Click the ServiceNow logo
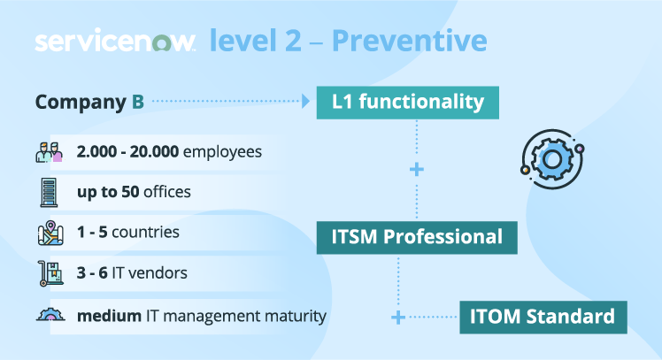115,42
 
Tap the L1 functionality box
407,102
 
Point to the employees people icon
49,152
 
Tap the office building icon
49,192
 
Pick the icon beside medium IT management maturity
49,315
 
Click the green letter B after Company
138,102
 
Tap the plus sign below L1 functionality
417,168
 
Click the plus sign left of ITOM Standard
398,316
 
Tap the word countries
149,233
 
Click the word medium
108,316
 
